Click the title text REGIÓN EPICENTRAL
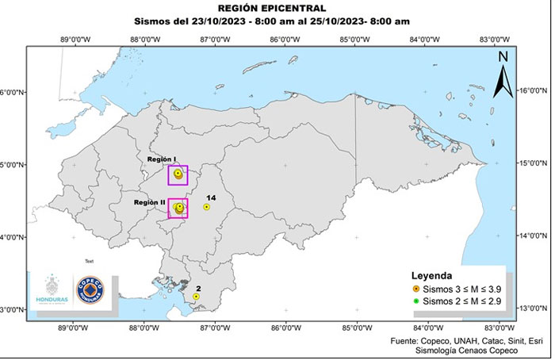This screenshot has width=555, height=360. (277, 9)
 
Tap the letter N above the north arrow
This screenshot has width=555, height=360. (503, 56)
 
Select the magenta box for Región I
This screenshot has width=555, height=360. (178, 174)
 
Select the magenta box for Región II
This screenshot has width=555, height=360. (178, 208)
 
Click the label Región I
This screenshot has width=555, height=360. (162, 159)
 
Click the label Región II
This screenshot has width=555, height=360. (149, 203)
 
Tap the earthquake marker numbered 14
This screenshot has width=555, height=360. (207, 207)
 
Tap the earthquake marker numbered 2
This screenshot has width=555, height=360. (196, 297)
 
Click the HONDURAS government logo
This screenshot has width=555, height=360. (52, 291)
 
